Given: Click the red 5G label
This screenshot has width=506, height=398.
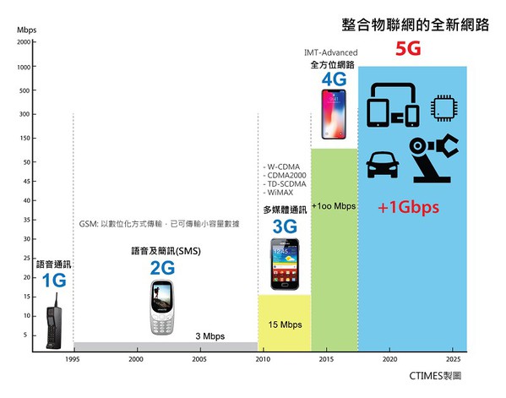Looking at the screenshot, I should [408, 50].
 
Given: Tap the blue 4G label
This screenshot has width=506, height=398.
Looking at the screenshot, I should [335, 79].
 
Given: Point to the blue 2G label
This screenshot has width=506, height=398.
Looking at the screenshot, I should [162, 268].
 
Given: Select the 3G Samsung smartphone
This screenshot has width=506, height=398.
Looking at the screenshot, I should [284, 264].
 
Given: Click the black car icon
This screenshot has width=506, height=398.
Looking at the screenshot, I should [384, 164].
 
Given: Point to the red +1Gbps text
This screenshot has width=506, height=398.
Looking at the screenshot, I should [412, 207].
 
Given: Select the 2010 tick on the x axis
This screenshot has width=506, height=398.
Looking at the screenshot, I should [263, 360].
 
